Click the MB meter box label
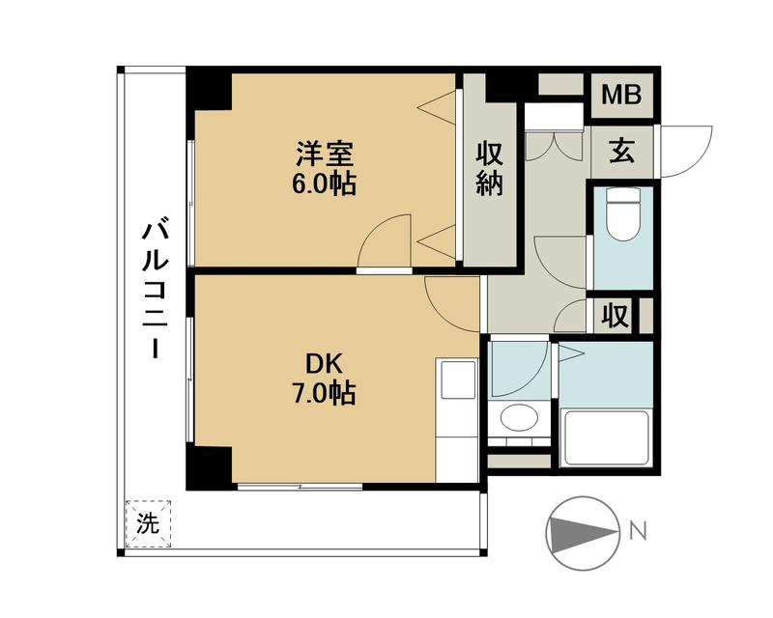pos(621,96)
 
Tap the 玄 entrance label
pos(621,152)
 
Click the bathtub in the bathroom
pos(606,437)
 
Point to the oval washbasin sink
pos(519,417)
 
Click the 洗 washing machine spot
pos(148,523)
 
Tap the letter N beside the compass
pos(638,532)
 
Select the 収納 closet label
pos(489,169)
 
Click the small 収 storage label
pos(616,316)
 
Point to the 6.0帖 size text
pos(324,184)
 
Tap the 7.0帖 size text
pos(324,393)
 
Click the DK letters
pos(324,365)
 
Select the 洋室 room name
pos(325,154)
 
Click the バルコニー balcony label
pos(155,291)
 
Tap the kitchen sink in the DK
pos(458,379)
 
